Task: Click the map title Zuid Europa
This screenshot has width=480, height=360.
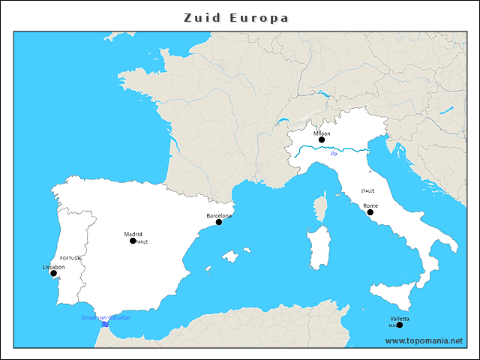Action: coord(236,17)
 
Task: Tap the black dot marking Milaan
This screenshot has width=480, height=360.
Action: coord(322,139)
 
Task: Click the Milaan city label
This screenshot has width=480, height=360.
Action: coord(322,133)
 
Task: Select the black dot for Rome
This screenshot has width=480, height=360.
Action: coord(370,212)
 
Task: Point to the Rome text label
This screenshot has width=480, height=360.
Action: coord(370,205)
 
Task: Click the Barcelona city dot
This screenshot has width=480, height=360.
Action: coord(219,222)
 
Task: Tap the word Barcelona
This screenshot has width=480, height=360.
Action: coord(218,216)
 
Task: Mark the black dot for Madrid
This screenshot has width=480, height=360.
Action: coord(133,241)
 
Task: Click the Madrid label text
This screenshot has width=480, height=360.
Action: coord(133,234)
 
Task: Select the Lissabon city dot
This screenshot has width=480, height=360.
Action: coord(53,273)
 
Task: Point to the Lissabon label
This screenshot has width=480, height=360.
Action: coord(54,267)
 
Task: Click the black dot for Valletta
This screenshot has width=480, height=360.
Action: coord(400,325)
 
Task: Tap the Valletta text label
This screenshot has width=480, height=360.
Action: coord(400,319)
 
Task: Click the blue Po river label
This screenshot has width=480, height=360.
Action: coord(334,154)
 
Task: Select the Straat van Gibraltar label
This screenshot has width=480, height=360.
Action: coord(106,318)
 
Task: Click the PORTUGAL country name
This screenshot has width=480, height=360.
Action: coord(70,257)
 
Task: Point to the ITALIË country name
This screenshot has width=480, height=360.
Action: coord(367,191)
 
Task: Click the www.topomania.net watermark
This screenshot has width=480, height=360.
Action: coord(424,340)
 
